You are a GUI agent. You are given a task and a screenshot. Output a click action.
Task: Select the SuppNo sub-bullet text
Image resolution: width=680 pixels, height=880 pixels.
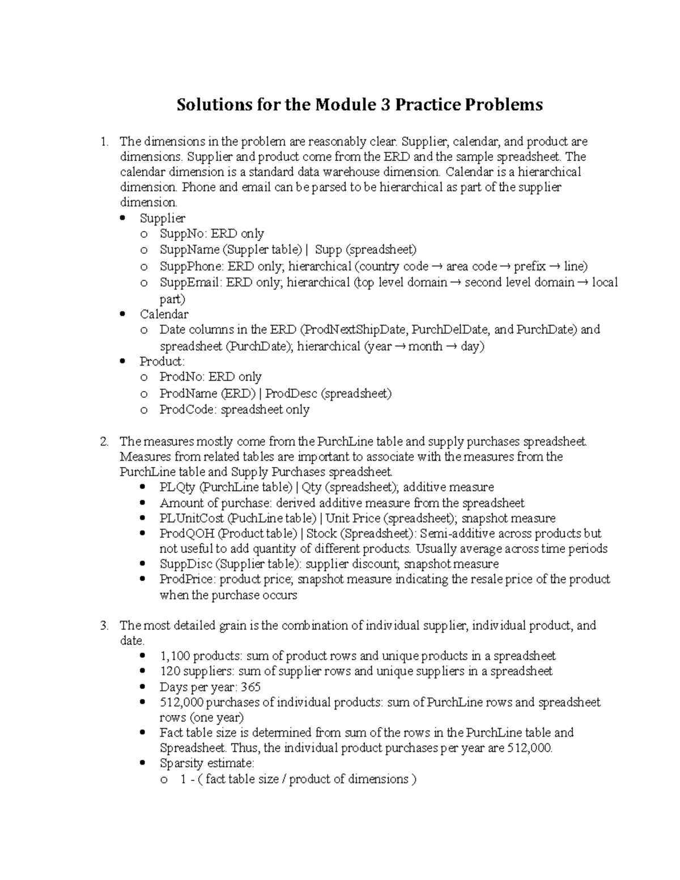point(211,233)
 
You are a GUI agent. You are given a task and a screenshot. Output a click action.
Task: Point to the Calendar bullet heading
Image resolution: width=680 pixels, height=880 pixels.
point(164,314)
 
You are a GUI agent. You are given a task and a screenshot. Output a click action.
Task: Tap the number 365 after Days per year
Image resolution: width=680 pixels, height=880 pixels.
point(250,687)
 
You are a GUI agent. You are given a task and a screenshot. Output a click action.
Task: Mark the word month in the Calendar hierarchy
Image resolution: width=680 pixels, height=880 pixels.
point(425,346)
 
